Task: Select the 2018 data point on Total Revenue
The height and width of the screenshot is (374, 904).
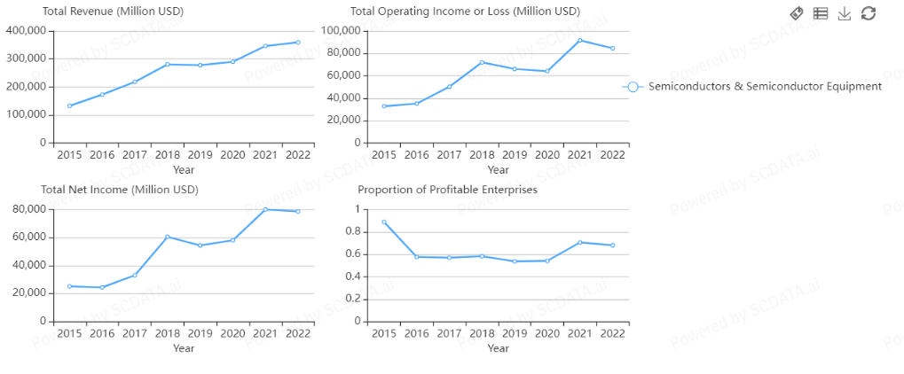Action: point(167,64)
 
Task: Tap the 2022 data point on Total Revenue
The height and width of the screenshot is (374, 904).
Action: point(297,42)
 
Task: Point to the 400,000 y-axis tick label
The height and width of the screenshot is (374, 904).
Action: point(26,30)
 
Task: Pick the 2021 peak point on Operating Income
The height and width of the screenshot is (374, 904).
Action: point(579,40)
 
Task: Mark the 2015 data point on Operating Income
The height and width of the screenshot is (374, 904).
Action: point(383,106)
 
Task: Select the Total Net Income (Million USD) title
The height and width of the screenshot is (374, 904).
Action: point(120,190)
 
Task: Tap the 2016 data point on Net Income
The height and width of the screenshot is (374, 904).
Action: point(102,287)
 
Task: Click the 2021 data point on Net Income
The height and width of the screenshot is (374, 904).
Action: point(265,209)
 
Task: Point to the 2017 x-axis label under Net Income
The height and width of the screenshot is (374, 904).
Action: point(135,333)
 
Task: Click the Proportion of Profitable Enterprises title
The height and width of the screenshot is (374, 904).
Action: point(447,190)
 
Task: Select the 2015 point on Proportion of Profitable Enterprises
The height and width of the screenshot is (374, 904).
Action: point(383,222)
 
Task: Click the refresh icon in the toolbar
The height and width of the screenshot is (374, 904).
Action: point(869,12)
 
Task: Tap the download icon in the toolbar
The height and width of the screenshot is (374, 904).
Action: point(845,12)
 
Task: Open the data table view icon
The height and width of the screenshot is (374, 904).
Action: point(821,12)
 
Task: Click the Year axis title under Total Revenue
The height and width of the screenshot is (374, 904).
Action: point(184,169)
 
